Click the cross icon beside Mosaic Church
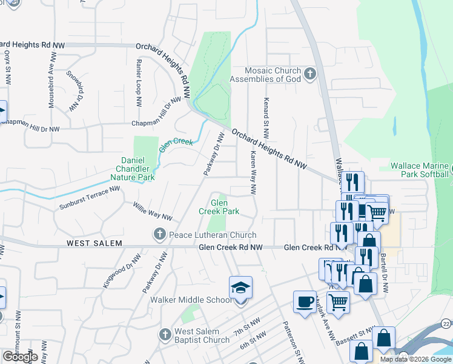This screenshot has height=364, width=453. (310, 75)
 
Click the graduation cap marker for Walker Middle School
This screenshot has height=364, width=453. (240, 289)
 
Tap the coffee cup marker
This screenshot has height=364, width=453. (305, 302)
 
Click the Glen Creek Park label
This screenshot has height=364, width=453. (219, 207)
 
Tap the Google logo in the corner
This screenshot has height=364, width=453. (20, 357)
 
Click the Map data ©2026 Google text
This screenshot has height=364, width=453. (415, 359)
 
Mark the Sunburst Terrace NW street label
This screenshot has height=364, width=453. (90, 198)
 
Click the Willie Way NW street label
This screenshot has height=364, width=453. (153, 212)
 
